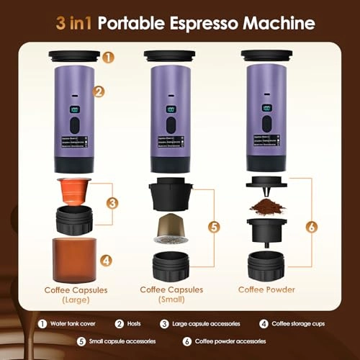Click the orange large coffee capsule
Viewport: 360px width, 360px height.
[74, 190]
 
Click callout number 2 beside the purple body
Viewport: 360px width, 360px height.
[99, 91]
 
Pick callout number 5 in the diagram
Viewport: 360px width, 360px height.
[214, 226]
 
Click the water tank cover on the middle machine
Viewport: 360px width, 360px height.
[170, 55]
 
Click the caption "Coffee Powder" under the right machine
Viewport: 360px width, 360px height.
[266, 291]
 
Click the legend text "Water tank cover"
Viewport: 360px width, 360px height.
[72, 324]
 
